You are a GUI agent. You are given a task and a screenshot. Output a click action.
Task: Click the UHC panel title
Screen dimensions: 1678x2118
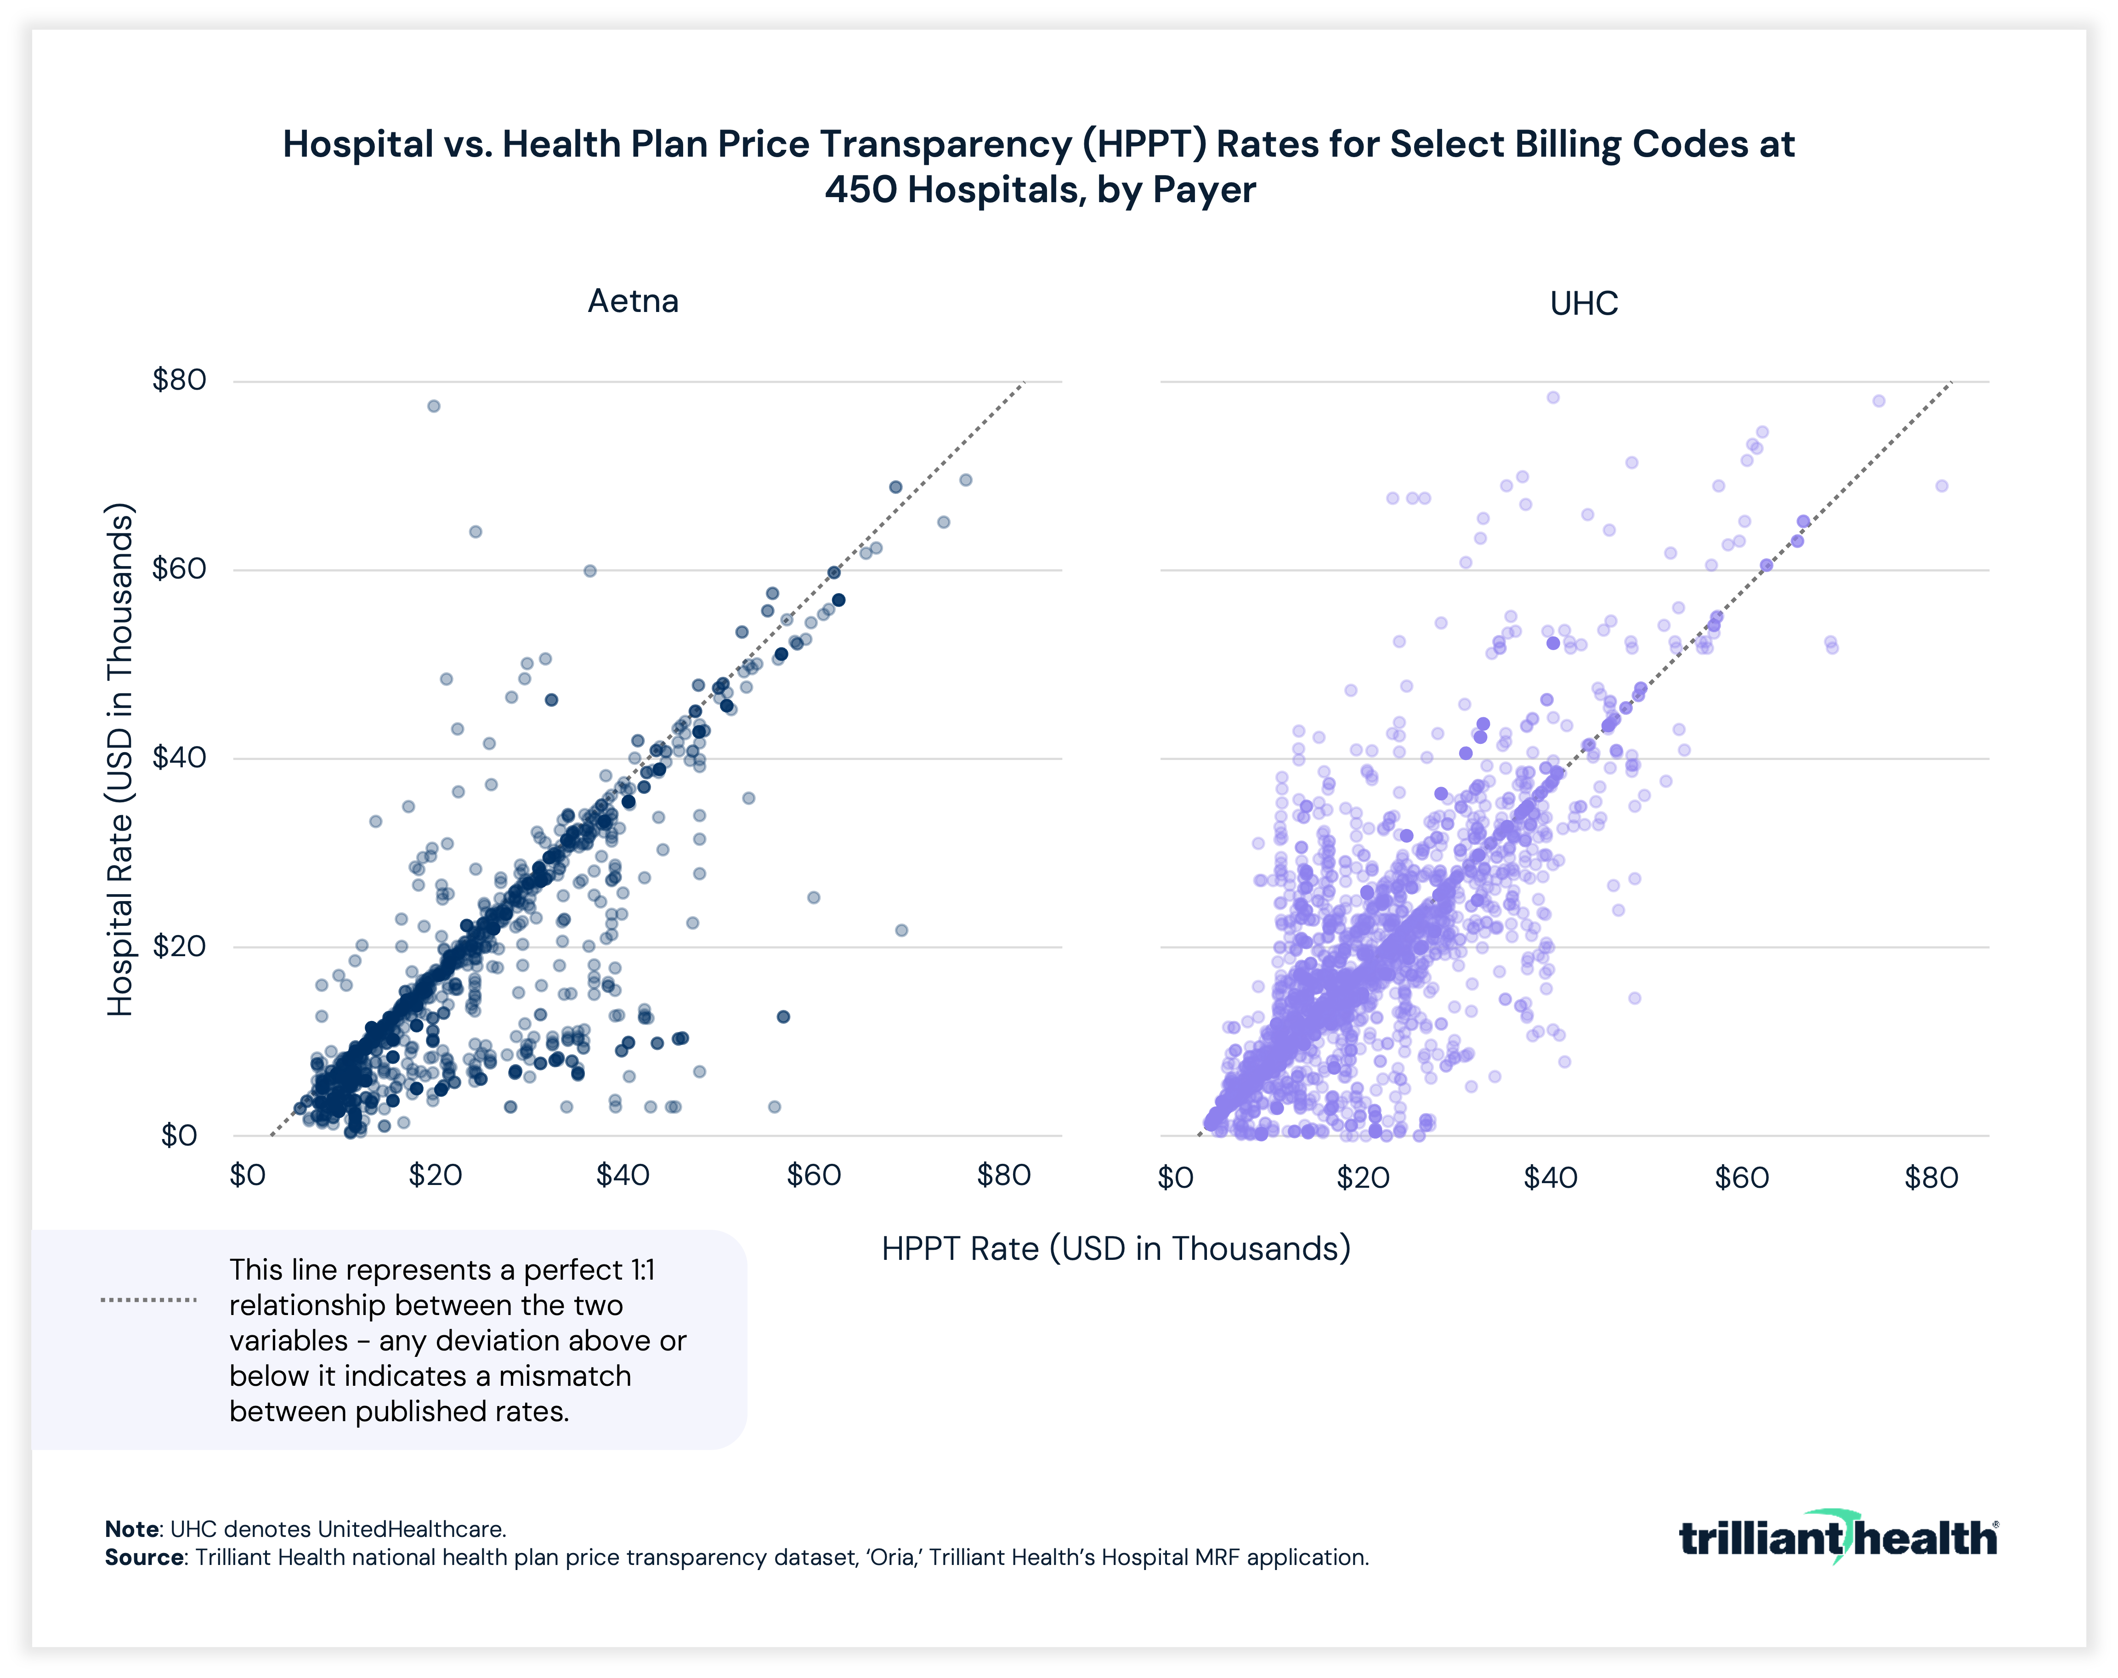coord(1584,304)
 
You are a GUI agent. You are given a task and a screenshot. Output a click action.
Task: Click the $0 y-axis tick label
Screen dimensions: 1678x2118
coord(179,1136)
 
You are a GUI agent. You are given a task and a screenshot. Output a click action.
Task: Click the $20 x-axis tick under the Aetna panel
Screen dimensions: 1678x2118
coord(435,1176)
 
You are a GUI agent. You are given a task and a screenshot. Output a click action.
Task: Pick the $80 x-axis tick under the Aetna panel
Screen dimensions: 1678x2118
coord(1003,1176)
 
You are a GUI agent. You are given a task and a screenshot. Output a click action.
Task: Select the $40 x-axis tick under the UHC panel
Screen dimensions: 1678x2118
coord(1550,1178)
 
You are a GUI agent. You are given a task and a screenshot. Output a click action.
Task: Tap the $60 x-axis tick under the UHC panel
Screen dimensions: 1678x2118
coord(1741,1178)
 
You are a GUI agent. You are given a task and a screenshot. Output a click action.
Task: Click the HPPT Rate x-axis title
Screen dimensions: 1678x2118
coord(1116,1249)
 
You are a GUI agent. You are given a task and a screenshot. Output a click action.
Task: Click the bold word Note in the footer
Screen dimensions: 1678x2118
coord(132,1530)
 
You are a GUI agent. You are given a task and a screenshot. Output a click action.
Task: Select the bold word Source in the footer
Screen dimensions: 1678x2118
coord(143,1558)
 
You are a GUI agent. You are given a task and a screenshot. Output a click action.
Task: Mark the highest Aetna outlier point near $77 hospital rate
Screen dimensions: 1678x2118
coord(433,406)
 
